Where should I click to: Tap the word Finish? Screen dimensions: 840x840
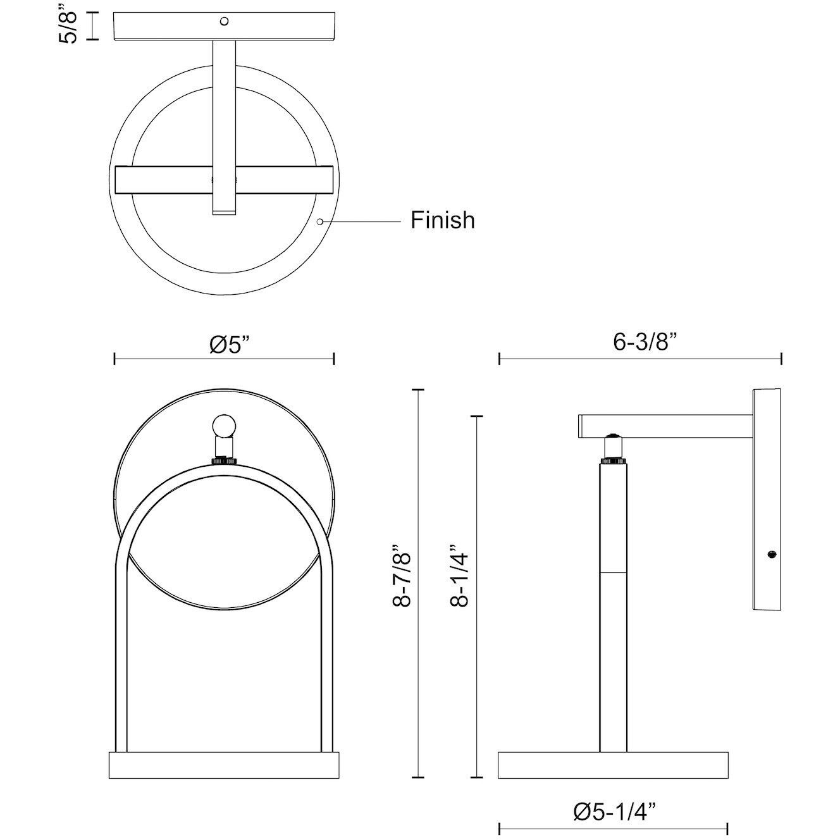point(442,220)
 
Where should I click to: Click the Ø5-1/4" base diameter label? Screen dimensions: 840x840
point(614,811)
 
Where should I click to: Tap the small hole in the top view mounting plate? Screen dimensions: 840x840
point(224,21)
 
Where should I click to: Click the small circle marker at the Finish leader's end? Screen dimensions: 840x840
point(320,221)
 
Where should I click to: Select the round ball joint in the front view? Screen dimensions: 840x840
point(224,426)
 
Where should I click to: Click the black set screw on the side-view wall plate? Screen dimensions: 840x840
point(770,555)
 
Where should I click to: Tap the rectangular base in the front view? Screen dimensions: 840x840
point(224,767)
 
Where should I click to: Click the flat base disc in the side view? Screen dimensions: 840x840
point(613,765)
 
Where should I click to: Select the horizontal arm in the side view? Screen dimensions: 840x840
point(664,425)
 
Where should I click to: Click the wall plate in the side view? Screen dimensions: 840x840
point(767,500)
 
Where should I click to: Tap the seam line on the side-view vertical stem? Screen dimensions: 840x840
point(612,572)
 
